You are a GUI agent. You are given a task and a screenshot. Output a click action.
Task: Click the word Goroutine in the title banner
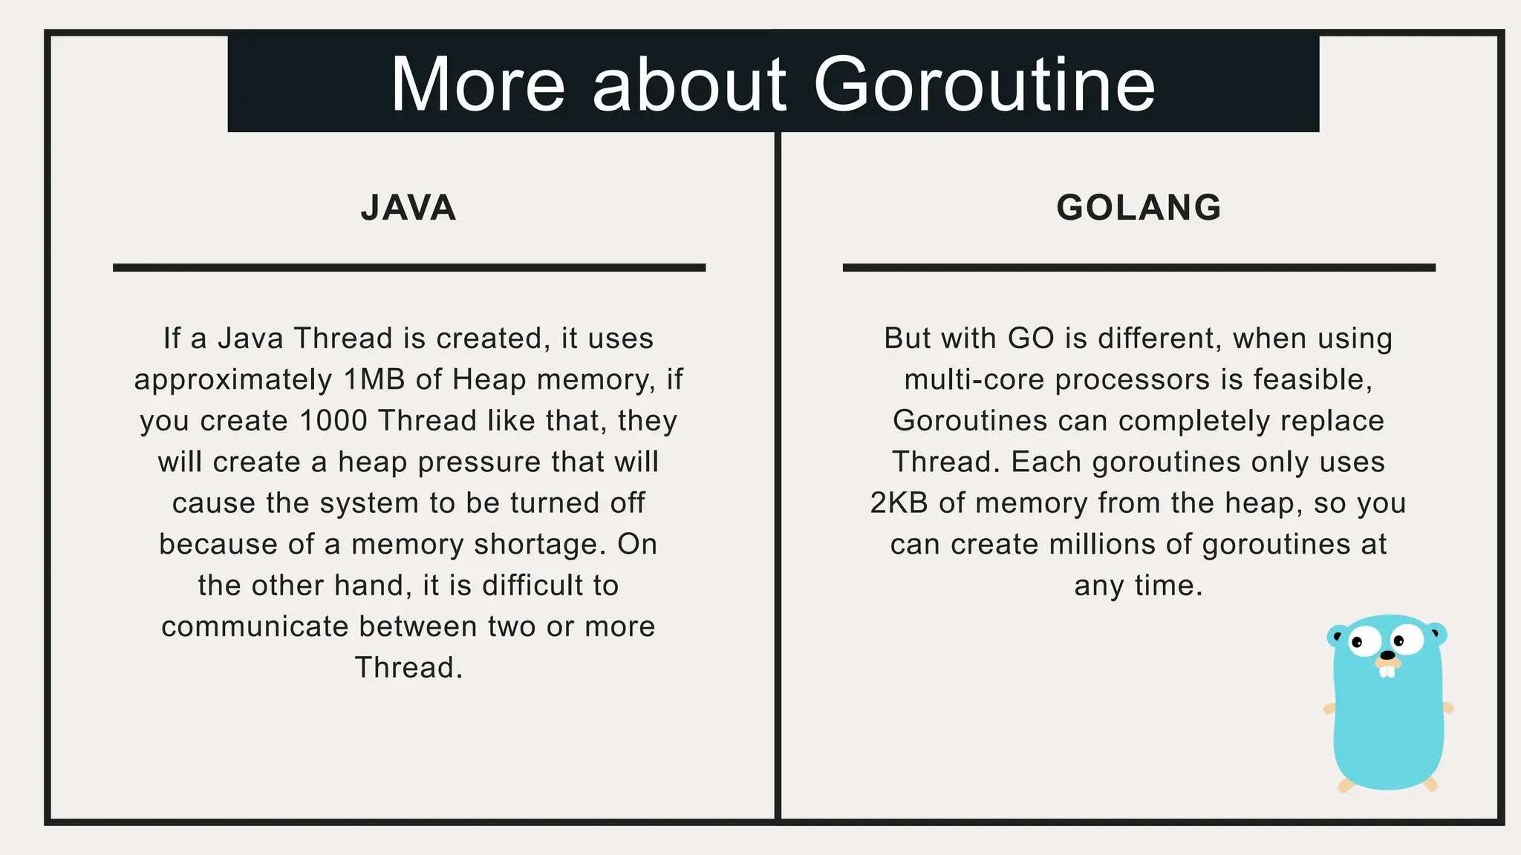(x=984, y=85)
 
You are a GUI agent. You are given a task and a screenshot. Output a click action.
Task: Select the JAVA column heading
(x=408, y=208)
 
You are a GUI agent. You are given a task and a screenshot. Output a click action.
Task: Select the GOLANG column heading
(x=1139, y=208)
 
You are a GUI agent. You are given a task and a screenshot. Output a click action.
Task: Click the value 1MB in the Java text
(x=374, y=380)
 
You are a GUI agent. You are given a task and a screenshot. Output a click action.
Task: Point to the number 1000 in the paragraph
(x=333, y=421)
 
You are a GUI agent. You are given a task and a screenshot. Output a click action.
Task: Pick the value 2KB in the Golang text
(x=899, y=503)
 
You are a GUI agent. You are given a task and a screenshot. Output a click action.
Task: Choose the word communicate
(x=255, y=627)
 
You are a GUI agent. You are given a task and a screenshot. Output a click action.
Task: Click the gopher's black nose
(x=1387, y=655)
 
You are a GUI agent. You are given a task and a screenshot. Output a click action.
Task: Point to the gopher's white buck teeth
(x=1387, y=670)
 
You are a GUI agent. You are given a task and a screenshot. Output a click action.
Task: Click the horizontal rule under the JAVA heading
(x=408, y=267)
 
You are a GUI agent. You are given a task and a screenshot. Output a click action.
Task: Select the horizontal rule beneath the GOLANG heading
(x=1139, y=267)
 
